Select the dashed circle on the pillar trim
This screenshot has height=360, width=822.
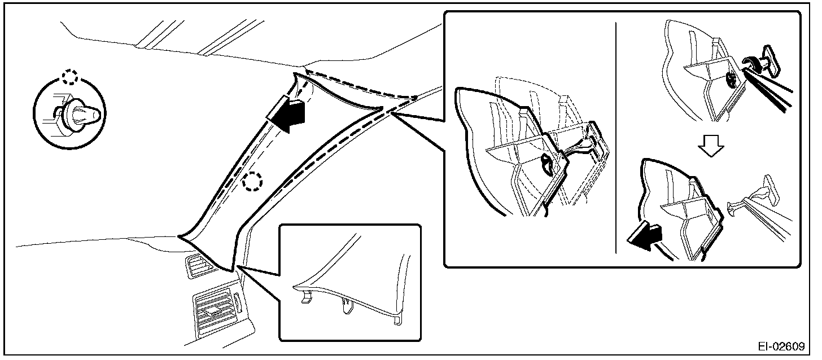coord(252,181)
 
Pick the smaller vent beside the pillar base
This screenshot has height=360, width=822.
coord(198,266)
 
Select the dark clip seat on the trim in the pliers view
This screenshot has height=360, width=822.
coord(730,81)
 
